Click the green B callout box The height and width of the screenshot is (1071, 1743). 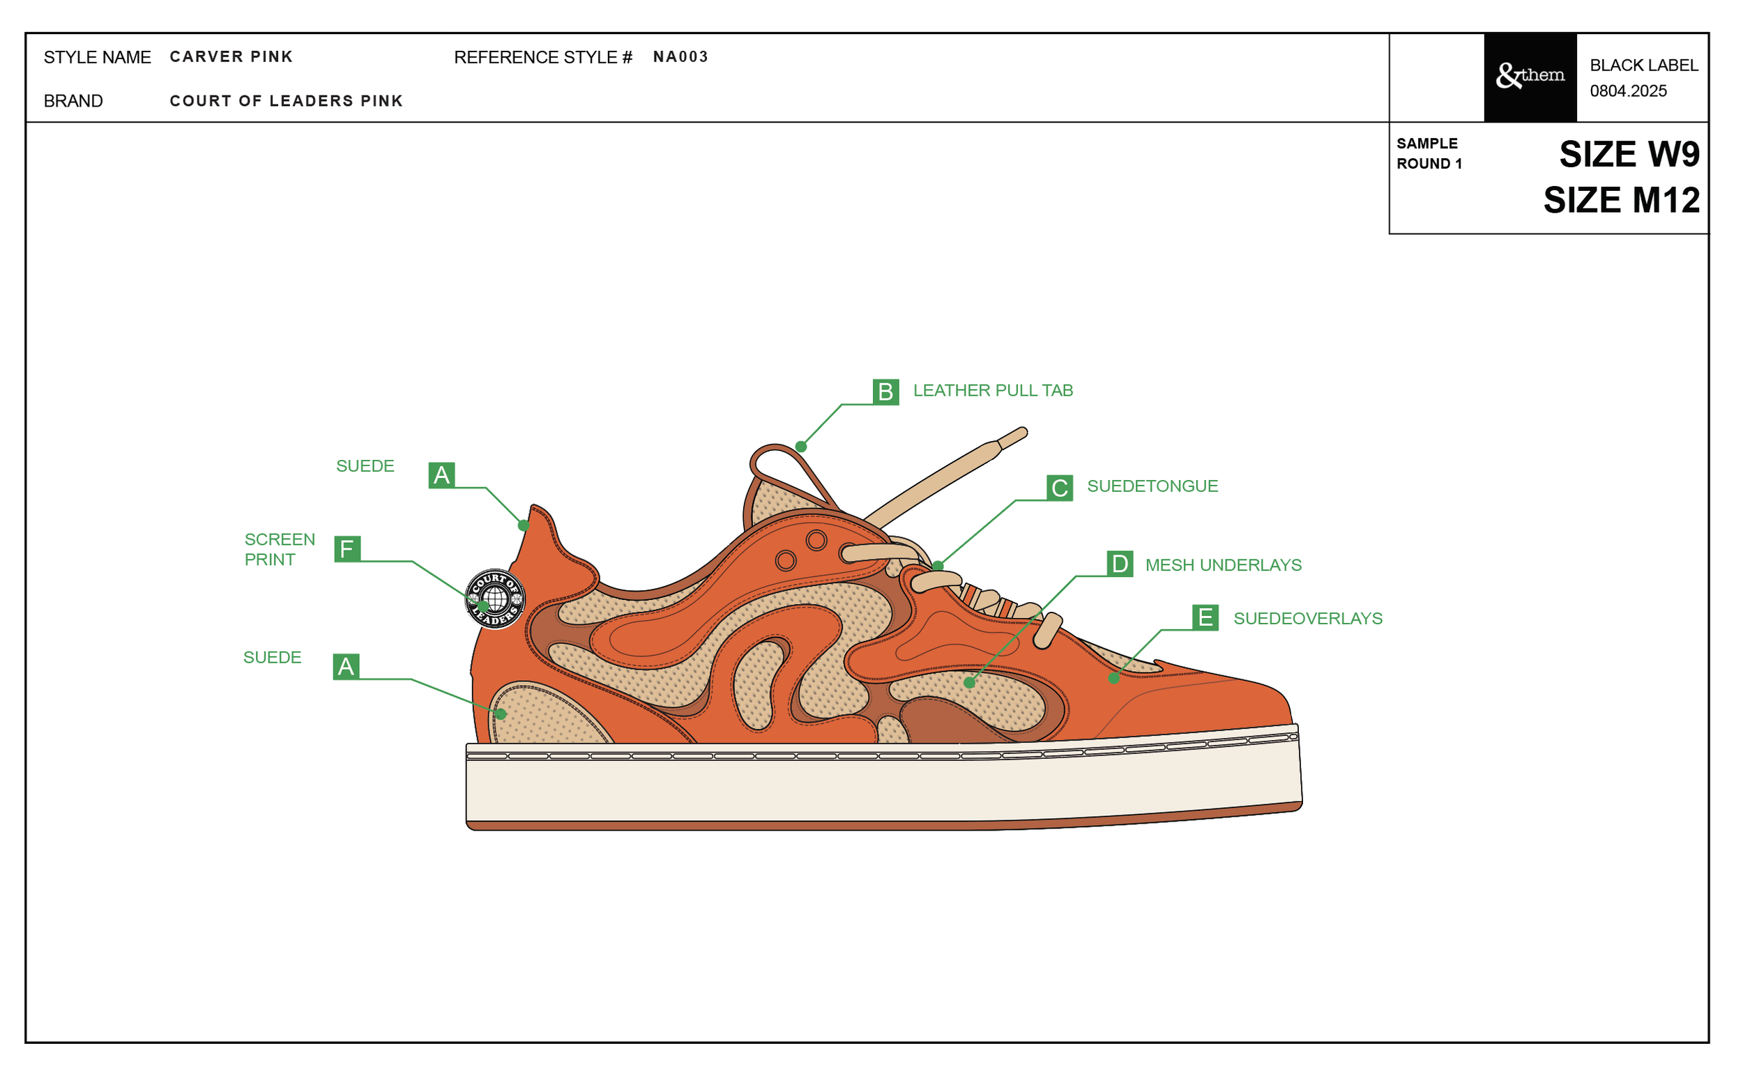coord(885,392)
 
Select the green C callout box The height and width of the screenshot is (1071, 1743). coord(1059,488)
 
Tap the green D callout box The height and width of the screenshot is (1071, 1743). coord(1120,564)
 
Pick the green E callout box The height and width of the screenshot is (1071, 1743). coord(1205,617)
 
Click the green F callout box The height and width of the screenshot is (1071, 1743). coord(347,549)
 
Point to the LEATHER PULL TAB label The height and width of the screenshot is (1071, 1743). coord(993,390)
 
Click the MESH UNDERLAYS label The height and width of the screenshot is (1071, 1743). coord(1223,565)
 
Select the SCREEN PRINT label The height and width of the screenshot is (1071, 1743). coord(280,549)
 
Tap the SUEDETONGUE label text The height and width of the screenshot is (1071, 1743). coord(1152,486)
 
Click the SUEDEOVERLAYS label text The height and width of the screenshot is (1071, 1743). coord(1307,618)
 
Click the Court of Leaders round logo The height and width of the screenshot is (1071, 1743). coord(495,599)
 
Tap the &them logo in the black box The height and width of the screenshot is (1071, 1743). coord(1530,76)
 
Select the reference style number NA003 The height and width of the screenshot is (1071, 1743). coord(680,56)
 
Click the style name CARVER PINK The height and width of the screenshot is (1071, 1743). coord(231,56)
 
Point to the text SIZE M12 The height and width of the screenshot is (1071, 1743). coord(1621,201)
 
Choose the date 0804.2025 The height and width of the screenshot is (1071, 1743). coord(1627,91)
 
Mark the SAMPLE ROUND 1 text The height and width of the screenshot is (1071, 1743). coord(1429,153)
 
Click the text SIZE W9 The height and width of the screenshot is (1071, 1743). coord(1628,155)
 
